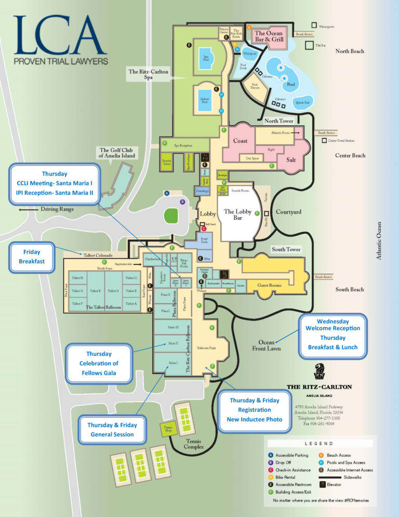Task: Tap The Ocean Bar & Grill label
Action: (x=268, y=36)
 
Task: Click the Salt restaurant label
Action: (x=291, y=160)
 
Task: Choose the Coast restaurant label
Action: (x=240, y=141)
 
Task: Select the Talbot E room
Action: (x=95, y=291)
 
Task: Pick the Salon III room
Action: (x=173, y=327)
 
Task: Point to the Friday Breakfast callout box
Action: (x=32, y=256)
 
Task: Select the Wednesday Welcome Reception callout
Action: (x=332, y=338)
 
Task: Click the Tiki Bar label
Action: (x=321, y=46)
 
